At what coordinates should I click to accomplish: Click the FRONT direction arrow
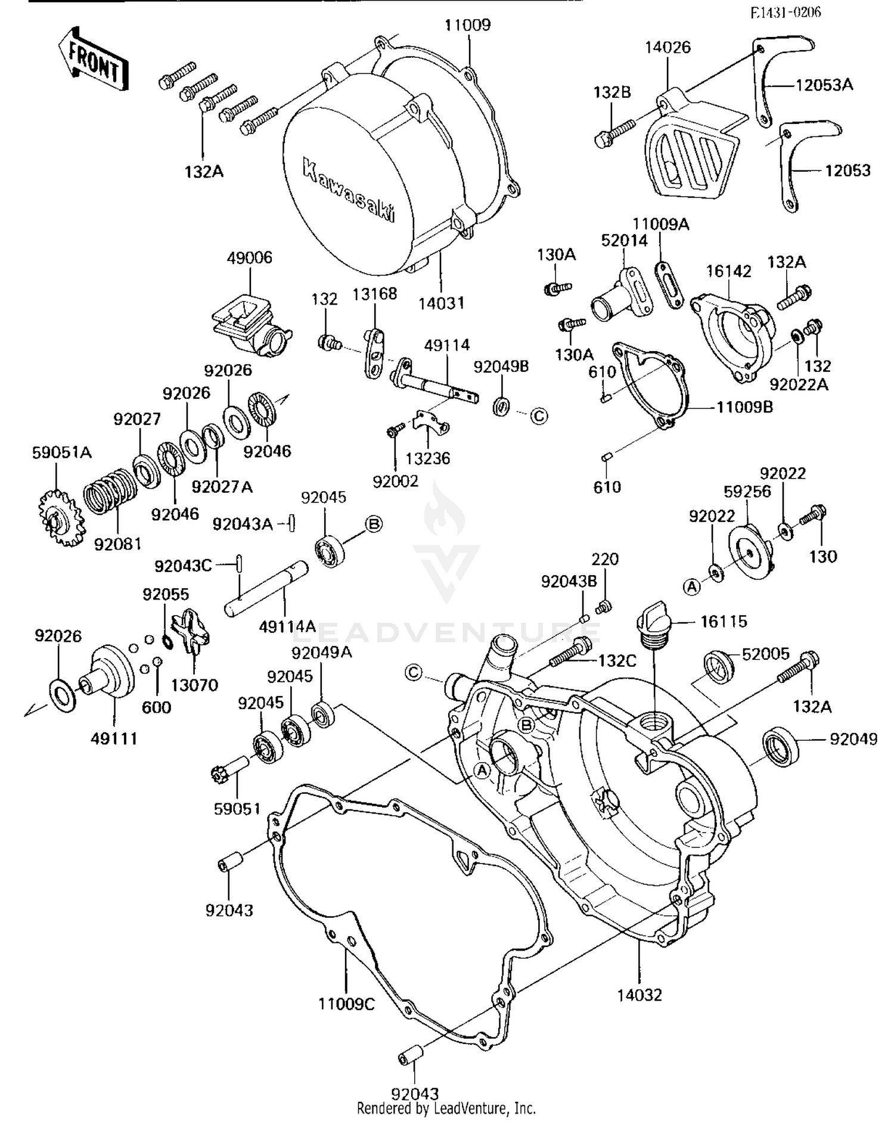point(94,60)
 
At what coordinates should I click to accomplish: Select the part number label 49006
point(249,258)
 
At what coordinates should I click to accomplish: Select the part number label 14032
point(639,995)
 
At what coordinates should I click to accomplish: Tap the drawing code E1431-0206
point(785,13)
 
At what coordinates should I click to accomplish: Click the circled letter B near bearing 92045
point(374,524)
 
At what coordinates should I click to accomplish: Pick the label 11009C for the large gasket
point(346,1004)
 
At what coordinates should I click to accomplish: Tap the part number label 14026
point(668,48)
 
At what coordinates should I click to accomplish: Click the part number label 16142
point(728,271)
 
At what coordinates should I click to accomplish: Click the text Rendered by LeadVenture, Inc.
point(446,1108)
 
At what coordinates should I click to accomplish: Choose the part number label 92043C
point(183,566)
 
